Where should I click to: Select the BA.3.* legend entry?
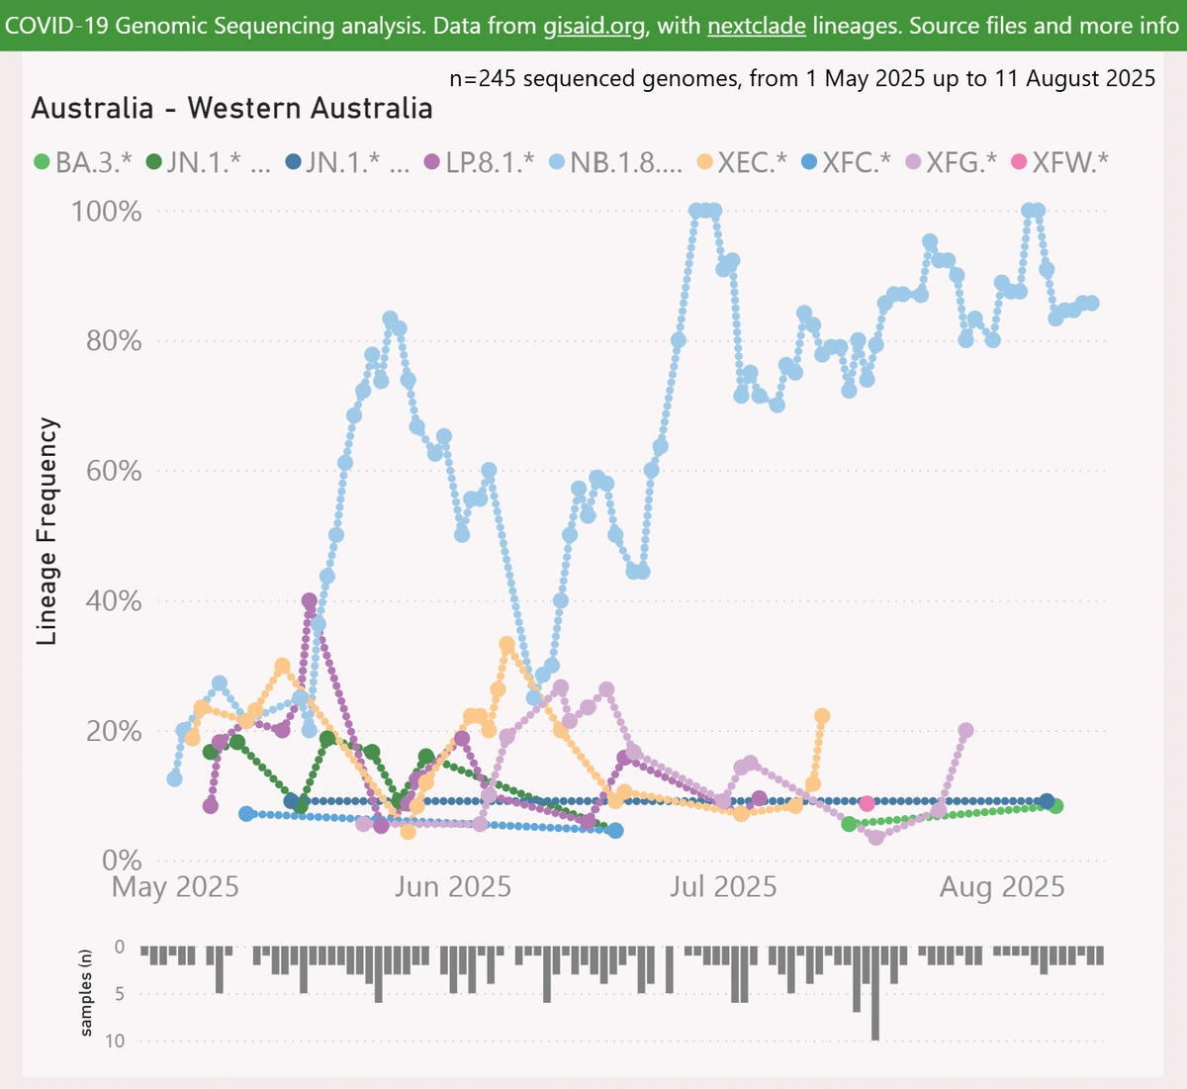(83, 161)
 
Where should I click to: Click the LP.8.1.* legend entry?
(479, 161)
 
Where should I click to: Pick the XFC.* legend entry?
(846, 161)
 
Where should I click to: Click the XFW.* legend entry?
(1058, 161)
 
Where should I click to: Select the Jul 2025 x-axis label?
(723, 886)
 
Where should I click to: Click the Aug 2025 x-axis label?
(1001, 886)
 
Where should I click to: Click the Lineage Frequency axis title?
(47, 531)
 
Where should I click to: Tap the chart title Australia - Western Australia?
(231, 108)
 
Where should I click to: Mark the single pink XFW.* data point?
(867, 803)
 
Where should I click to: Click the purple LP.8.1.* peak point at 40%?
(310, 600)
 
